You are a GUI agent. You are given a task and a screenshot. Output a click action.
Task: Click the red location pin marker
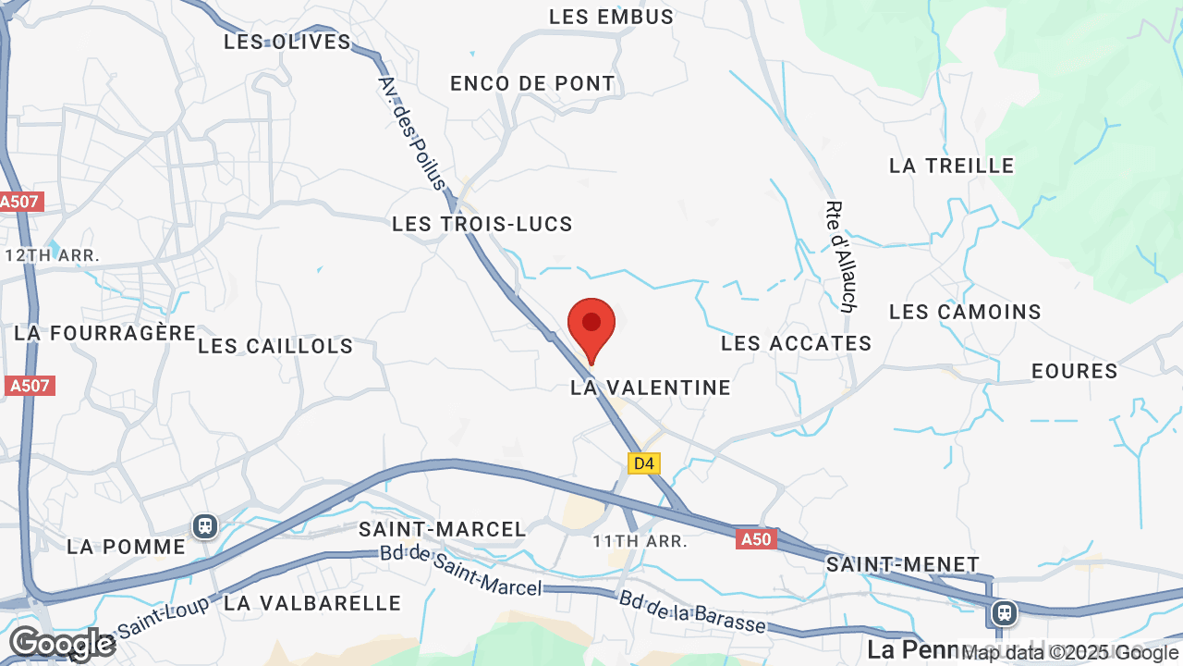591,327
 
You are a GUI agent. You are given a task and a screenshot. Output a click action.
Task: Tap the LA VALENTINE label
651,388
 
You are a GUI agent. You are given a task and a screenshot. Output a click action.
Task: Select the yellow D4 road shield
644,463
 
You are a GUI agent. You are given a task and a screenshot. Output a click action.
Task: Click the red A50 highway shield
756,539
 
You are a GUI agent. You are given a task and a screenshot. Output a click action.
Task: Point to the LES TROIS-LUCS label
482,224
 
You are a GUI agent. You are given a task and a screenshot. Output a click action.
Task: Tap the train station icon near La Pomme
205,526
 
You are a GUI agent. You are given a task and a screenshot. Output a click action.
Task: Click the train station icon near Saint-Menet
1004,612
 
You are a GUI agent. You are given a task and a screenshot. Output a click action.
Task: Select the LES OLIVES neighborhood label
287,42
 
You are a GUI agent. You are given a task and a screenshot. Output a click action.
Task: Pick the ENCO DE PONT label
532,83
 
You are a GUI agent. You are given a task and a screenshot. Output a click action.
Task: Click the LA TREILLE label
952,166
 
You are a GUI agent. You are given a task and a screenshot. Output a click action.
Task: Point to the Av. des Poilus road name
412,132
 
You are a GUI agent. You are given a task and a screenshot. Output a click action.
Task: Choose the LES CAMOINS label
965,312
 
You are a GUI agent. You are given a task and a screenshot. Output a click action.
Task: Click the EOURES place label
1075,371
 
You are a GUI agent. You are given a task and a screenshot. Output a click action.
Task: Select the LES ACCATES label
797,343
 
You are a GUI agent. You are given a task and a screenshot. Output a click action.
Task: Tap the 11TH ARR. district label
640,541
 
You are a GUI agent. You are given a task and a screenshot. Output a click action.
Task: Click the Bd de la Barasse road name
693,612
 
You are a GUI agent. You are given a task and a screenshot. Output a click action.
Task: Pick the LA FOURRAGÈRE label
105,332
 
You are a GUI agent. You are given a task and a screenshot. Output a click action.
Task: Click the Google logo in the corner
62,643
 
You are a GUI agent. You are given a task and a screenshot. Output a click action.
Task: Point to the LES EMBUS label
612,17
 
